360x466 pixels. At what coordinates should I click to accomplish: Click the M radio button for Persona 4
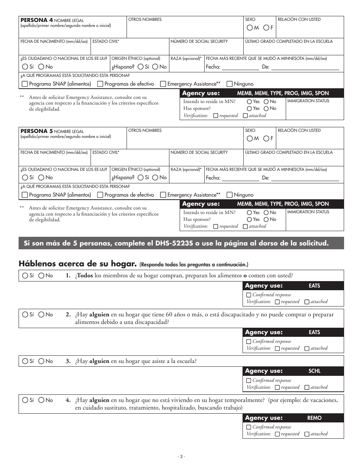pos(249,28)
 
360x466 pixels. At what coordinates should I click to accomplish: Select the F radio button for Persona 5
pos(267,139)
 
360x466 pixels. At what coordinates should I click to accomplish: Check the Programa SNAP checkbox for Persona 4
pos(25,84)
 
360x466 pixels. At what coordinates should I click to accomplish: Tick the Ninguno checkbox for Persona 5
pos(230,195)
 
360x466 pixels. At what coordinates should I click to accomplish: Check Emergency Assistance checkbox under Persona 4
pos(163,84)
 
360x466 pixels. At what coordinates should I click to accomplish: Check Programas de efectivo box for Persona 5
pos(100,195)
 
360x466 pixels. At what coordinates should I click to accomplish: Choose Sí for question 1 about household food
pos(25,275)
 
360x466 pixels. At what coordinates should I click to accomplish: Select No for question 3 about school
pos(41,361)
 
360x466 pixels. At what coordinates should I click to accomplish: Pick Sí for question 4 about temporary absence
pos(25,400)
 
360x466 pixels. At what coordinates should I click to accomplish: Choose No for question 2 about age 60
pos(41,314)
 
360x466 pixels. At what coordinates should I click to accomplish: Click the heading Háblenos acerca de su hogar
pos(78,263)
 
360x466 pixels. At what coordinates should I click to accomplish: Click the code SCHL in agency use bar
pos(315,371)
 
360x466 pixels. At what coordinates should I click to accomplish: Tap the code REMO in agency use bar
pos(315,418)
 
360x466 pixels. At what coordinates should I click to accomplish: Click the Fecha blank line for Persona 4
pos(240,67)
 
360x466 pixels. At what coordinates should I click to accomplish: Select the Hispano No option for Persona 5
pos(156,177)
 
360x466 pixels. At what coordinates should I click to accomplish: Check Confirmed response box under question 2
pos(249,341)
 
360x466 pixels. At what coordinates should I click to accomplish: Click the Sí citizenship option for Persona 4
pos(25,67)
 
